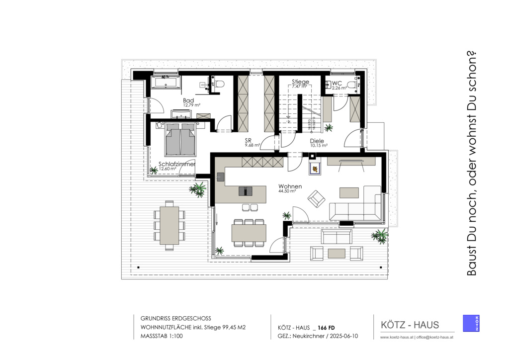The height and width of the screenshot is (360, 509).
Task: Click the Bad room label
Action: pyautogui.click(x=188, y=100)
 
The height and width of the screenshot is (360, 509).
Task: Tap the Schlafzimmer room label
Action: pyautogui.click(x=176, y=164)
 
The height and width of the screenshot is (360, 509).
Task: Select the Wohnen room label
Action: pyautogui.click(x=290, y=186)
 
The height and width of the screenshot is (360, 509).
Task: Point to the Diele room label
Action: pyautogui.click(x=317, y=141)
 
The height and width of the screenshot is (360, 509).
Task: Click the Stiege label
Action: pyautogui.click(x=300, y=82)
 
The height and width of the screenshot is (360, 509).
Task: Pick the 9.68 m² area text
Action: pyautogui.click(x=253, y=146)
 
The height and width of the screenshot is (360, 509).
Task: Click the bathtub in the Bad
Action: pyautogui.click(x=167, y=82)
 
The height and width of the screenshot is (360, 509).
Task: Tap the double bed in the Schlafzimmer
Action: pyautogui.click(x=180, y=140)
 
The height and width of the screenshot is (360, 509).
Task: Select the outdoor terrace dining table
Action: pyautogui.click(x=170, y=225)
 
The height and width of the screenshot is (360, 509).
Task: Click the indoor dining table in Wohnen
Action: pyautogui.click(x=249, y=233)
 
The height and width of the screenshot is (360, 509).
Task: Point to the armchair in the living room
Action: pyautogui.click(x=316, y=199)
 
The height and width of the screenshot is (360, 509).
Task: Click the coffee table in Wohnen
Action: pyautogui.click(x=349, y=192)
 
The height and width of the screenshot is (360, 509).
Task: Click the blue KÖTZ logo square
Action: pyautogui.click(x=471, y=323)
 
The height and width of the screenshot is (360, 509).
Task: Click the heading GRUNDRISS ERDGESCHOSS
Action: pyautogui.click(x=176, y=318)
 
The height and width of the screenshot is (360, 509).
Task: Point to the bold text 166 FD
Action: pyautogui.click(x=326, y=327)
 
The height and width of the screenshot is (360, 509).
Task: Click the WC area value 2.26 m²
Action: pyautogui.click(x=339, y=88)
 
